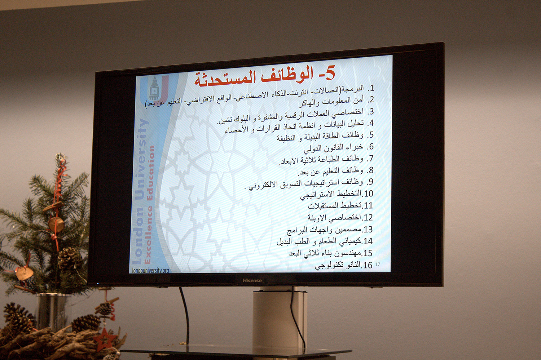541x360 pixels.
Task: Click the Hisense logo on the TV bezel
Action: pos(252,280)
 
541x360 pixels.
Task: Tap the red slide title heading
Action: pos(265,77)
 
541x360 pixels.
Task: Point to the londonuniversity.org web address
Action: pos(150,270)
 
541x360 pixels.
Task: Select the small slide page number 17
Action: pos(378,264)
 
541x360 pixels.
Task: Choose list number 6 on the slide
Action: pos(370,146)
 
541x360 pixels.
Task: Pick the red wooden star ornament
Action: pos(104,339)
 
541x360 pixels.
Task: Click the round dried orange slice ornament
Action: pos(57,225)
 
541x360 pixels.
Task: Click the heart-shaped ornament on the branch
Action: pos(25,274)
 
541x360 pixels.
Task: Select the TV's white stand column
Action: pos(280,321)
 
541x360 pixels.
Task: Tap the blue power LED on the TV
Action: pos(97,284)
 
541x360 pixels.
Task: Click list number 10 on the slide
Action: pos(368,194)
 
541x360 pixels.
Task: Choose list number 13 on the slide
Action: pos(367,229)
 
